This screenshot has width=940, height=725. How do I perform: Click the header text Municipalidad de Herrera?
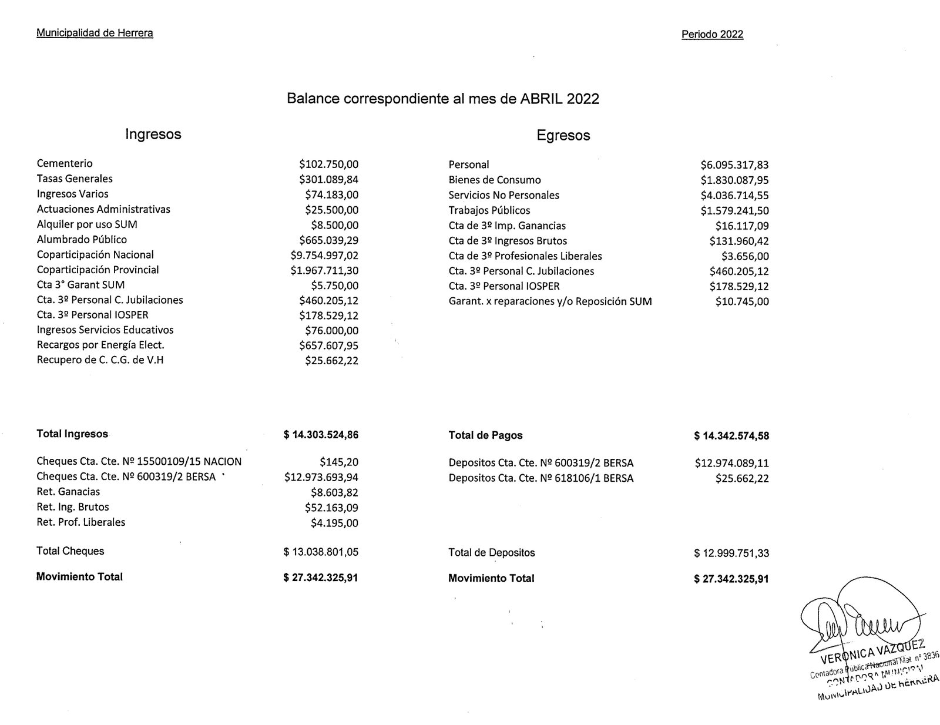pyautogui.click(x=95, y=33)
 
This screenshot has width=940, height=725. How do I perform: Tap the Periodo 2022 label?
pyautogui.click(x=712, y=35)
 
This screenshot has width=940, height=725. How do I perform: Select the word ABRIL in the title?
pyautogui.click(x=542, y=99)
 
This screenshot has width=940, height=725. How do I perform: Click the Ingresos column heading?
pyautogui.click(x=153, y=134)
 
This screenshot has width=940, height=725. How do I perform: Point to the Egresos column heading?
pyautogui.click(x=563, y=136)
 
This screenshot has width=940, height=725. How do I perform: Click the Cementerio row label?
pyautogui.click(x=65, y=163)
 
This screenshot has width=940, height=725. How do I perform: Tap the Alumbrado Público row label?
pyautogui.click(x=82, y=240)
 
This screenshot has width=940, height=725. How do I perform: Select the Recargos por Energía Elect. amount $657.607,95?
pyautogui.click(x=328, y=345)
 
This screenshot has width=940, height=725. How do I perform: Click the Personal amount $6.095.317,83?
pyautogui.click(x=734, y=165)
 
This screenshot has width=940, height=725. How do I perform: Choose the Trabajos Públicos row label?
pyautogui.click(x=489, y=210)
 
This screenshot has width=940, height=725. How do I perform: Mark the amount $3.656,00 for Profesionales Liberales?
pyautogui.click(x=745, y=256)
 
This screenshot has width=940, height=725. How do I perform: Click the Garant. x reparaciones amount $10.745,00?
pyautogui.click(x=742, y=302)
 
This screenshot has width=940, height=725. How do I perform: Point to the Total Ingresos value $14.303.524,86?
pyautogui.click(x=321, y=435)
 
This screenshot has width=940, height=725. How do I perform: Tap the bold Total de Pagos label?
pyautogui.click(x=485, y=435)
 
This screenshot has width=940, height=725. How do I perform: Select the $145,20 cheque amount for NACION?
pyautogui.click(x=339, y=462)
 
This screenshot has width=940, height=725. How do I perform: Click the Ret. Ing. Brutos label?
pyautogui.click(x=72, y=507)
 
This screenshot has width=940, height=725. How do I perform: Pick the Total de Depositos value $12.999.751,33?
pyautogui.click(x=731, y=553)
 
